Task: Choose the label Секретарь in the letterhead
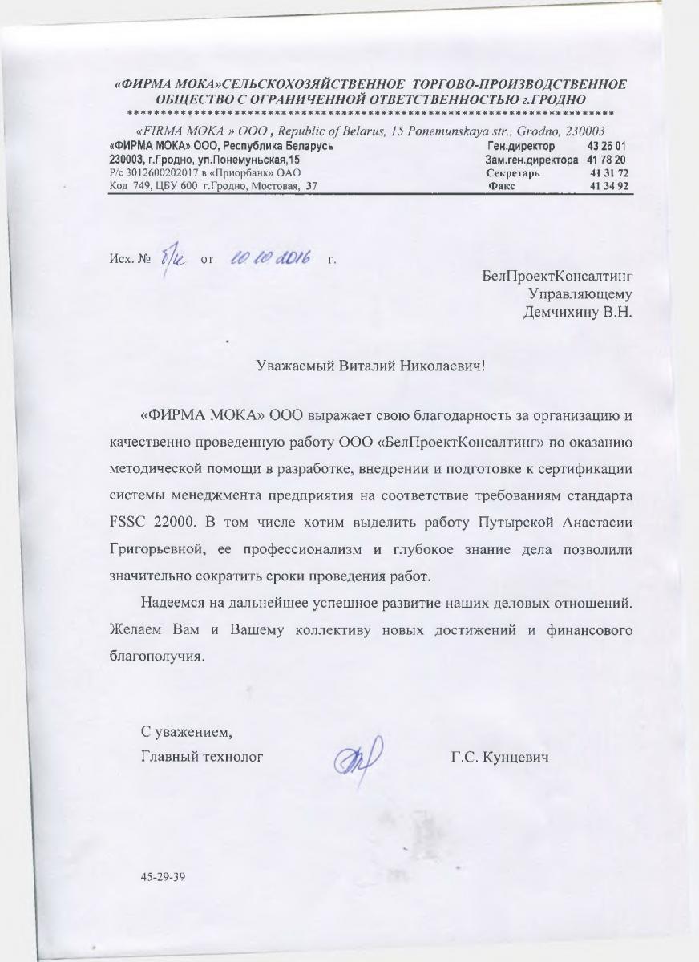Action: point(513,172)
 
